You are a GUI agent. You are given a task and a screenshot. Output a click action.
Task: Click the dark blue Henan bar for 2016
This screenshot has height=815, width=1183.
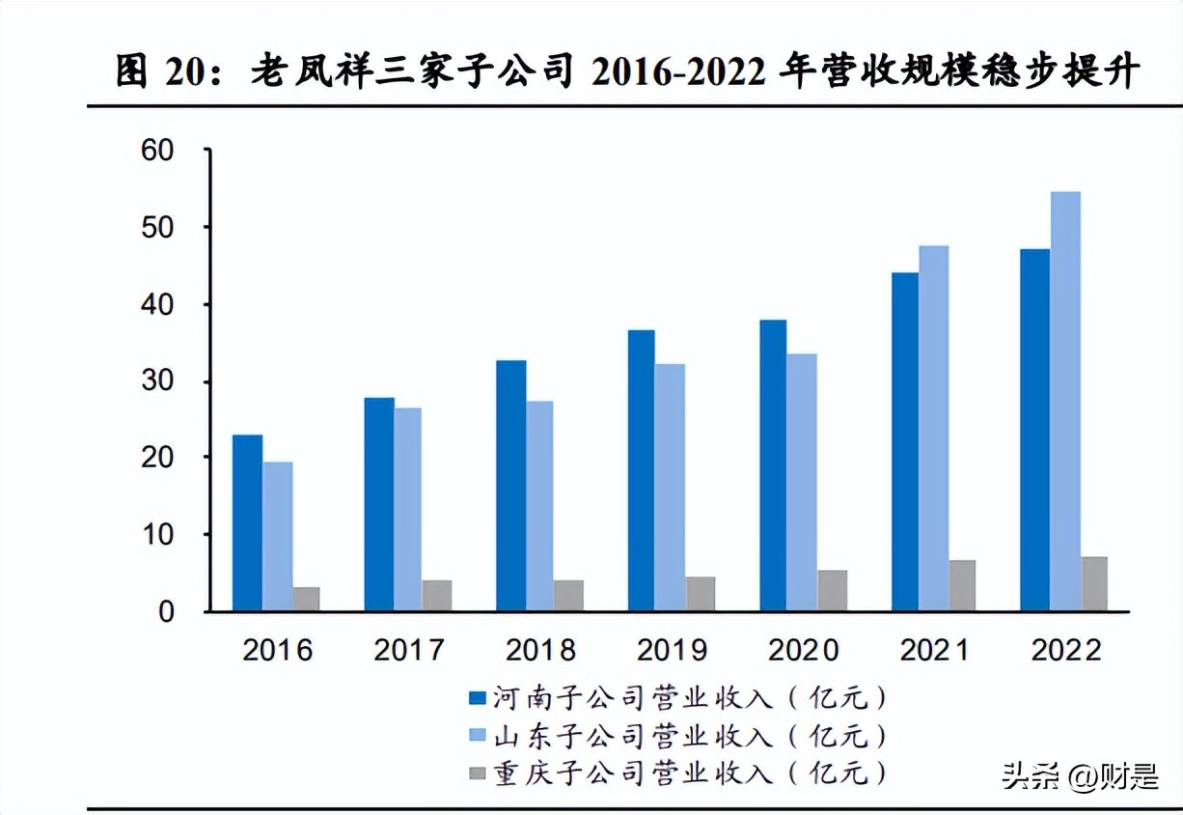pos(247,522)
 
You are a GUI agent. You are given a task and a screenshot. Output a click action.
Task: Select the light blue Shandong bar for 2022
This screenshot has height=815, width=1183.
pos(1065,401)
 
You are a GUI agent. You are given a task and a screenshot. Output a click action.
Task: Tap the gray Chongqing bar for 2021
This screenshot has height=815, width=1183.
pos(962,585)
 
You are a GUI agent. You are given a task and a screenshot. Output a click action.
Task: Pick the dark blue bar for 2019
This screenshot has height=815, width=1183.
pos(642,470)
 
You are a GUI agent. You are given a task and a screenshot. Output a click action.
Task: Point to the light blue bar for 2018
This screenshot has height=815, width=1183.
pos(540,505)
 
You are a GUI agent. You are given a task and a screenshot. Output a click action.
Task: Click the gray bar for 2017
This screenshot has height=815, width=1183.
pos(437,595)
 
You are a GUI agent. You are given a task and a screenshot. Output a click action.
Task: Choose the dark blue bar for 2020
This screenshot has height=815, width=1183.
pos(773,464)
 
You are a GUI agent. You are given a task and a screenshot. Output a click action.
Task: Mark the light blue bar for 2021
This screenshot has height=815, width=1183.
pos(934,428)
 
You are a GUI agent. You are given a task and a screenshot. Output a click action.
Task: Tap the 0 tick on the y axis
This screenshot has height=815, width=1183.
pos(167,611)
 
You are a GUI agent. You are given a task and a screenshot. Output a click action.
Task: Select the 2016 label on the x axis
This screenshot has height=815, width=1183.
pos(277,650)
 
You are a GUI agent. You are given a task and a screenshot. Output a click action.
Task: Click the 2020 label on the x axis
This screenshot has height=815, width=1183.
pos(803,650)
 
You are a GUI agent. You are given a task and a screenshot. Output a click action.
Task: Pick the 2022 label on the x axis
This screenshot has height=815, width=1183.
pos(1066,650)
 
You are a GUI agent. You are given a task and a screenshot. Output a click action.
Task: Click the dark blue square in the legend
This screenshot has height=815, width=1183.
pos(476,697)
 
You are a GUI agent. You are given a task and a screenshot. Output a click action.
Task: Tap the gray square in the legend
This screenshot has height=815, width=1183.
pos(476,773)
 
